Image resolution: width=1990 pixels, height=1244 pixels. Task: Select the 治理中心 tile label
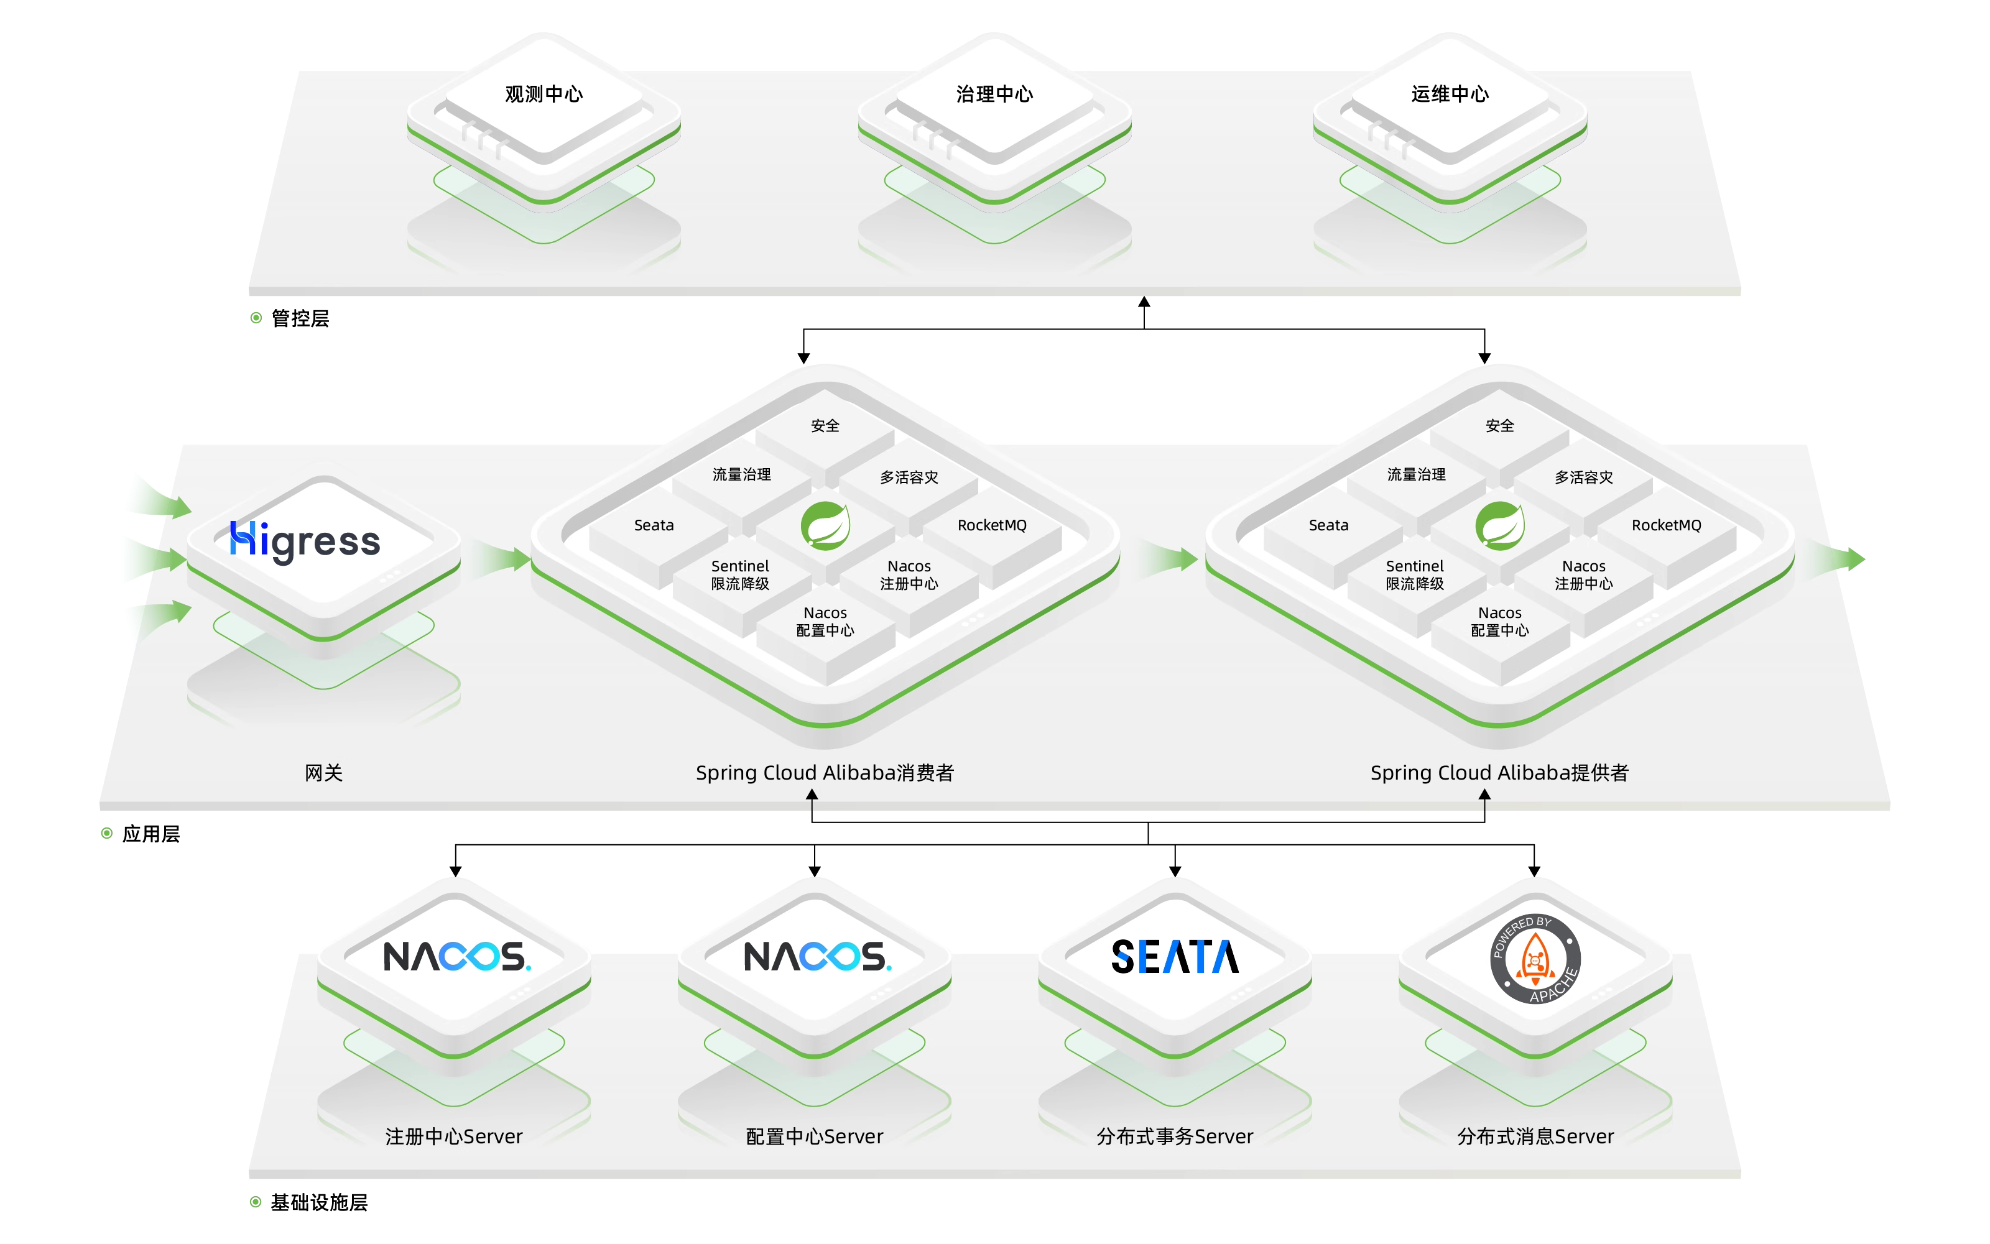click(x=994, y=94)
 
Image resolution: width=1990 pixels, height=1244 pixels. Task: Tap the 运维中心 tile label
click(x=1450, y=94)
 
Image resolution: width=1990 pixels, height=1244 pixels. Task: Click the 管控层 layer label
click(x=300, y=318)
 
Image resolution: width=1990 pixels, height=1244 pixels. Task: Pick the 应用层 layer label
click(x=150, y=834)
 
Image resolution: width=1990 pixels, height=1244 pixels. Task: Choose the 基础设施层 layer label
click(x=318, y=1202)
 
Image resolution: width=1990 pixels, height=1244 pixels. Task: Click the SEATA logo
click(x=1175, y=956)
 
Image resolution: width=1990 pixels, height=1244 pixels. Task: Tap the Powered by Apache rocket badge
click(x=1535, y=959)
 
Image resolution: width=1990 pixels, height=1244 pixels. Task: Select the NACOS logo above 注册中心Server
click(x=456, y=956)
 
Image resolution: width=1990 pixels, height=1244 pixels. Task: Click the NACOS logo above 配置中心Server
click(x=817, y=956)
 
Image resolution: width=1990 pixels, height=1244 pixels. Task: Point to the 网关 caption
click(x=323, y=773)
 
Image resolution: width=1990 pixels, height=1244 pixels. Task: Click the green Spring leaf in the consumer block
click(x=825, y=525)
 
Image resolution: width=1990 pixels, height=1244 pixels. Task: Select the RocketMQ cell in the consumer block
click(x=992, y=525)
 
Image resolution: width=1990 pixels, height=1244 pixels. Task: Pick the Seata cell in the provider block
click(x=1328, y=525)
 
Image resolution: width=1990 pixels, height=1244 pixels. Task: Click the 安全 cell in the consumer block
click(x=825, y=425)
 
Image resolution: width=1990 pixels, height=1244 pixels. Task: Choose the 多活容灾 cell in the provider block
click(x=1583, y=477)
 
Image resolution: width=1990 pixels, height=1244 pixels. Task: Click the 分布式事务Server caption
click(x=1175, y=1136)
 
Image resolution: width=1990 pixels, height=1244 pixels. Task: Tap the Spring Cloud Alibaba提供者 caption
click(x=1499, y=773)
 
